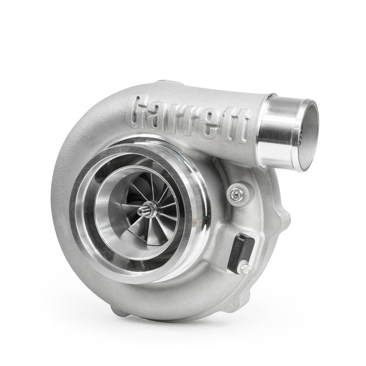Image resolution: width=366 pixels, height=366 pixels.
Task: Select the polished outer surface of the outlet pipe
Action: [278, 132]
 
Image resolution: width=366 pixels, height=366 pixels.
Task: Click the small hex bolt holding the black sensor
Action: [244, 267]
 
